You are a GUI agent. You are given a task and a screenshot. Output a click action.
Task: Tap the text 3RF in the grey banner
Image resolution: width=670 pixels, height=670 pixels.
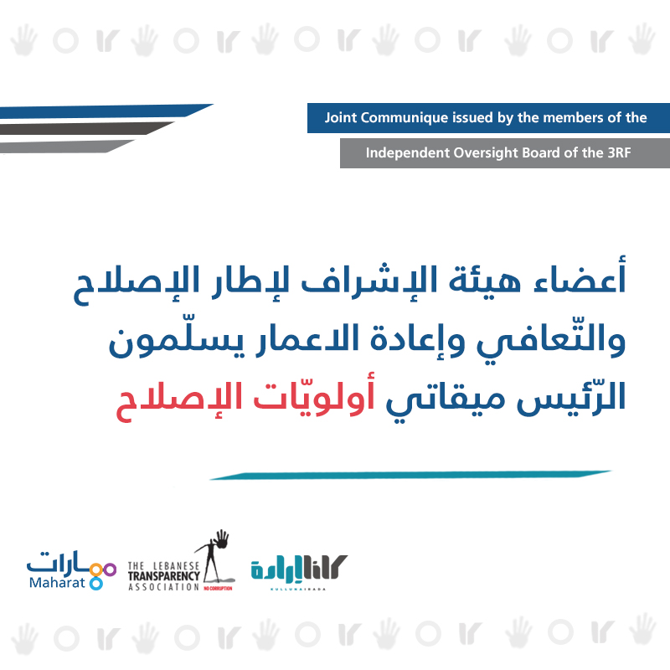tap(619, 152)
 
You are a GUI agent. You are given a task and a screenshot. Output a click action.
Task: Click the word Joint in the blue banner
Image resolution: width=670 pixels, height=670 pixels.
tap(341, 117)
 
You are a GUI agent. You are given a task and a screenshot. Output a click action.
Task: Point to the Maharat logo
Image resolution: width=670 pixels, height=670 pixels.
tap(71, 570)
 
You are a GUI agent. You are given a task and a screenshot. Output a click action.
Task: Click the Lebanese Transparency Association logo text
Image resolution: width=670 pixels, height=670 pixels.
tap(164, 576)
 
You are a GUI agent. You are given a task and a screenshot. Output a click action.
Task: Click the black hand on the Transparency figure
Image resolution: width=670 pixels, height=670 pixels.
tap(221, 539)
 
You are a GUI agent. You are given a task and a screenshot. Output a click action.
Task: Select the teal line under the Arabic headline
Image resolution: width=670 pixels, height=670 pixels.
tap(410, 475)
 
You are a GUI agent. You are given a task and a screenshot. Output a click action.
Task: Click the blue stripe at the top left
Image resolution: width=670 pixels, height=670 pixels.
tap(106, 111)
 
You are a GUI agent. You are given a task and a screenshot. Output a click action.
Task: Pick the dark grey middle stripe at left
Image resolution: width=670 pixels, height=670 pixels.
tap(87, 128)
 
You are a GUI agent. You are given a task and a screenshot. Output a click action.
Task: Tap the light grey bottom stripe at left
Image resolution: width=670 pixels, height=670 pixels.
tap(67, 146)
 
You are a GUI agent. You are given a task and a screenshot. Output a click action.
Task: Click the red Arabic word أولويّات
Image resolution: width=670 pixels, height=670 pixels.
tap(314, 396)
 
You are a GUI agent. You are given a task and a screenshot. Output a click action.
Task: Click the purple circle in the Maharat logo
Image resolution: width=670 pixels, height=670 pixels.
tap(111, 569)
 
